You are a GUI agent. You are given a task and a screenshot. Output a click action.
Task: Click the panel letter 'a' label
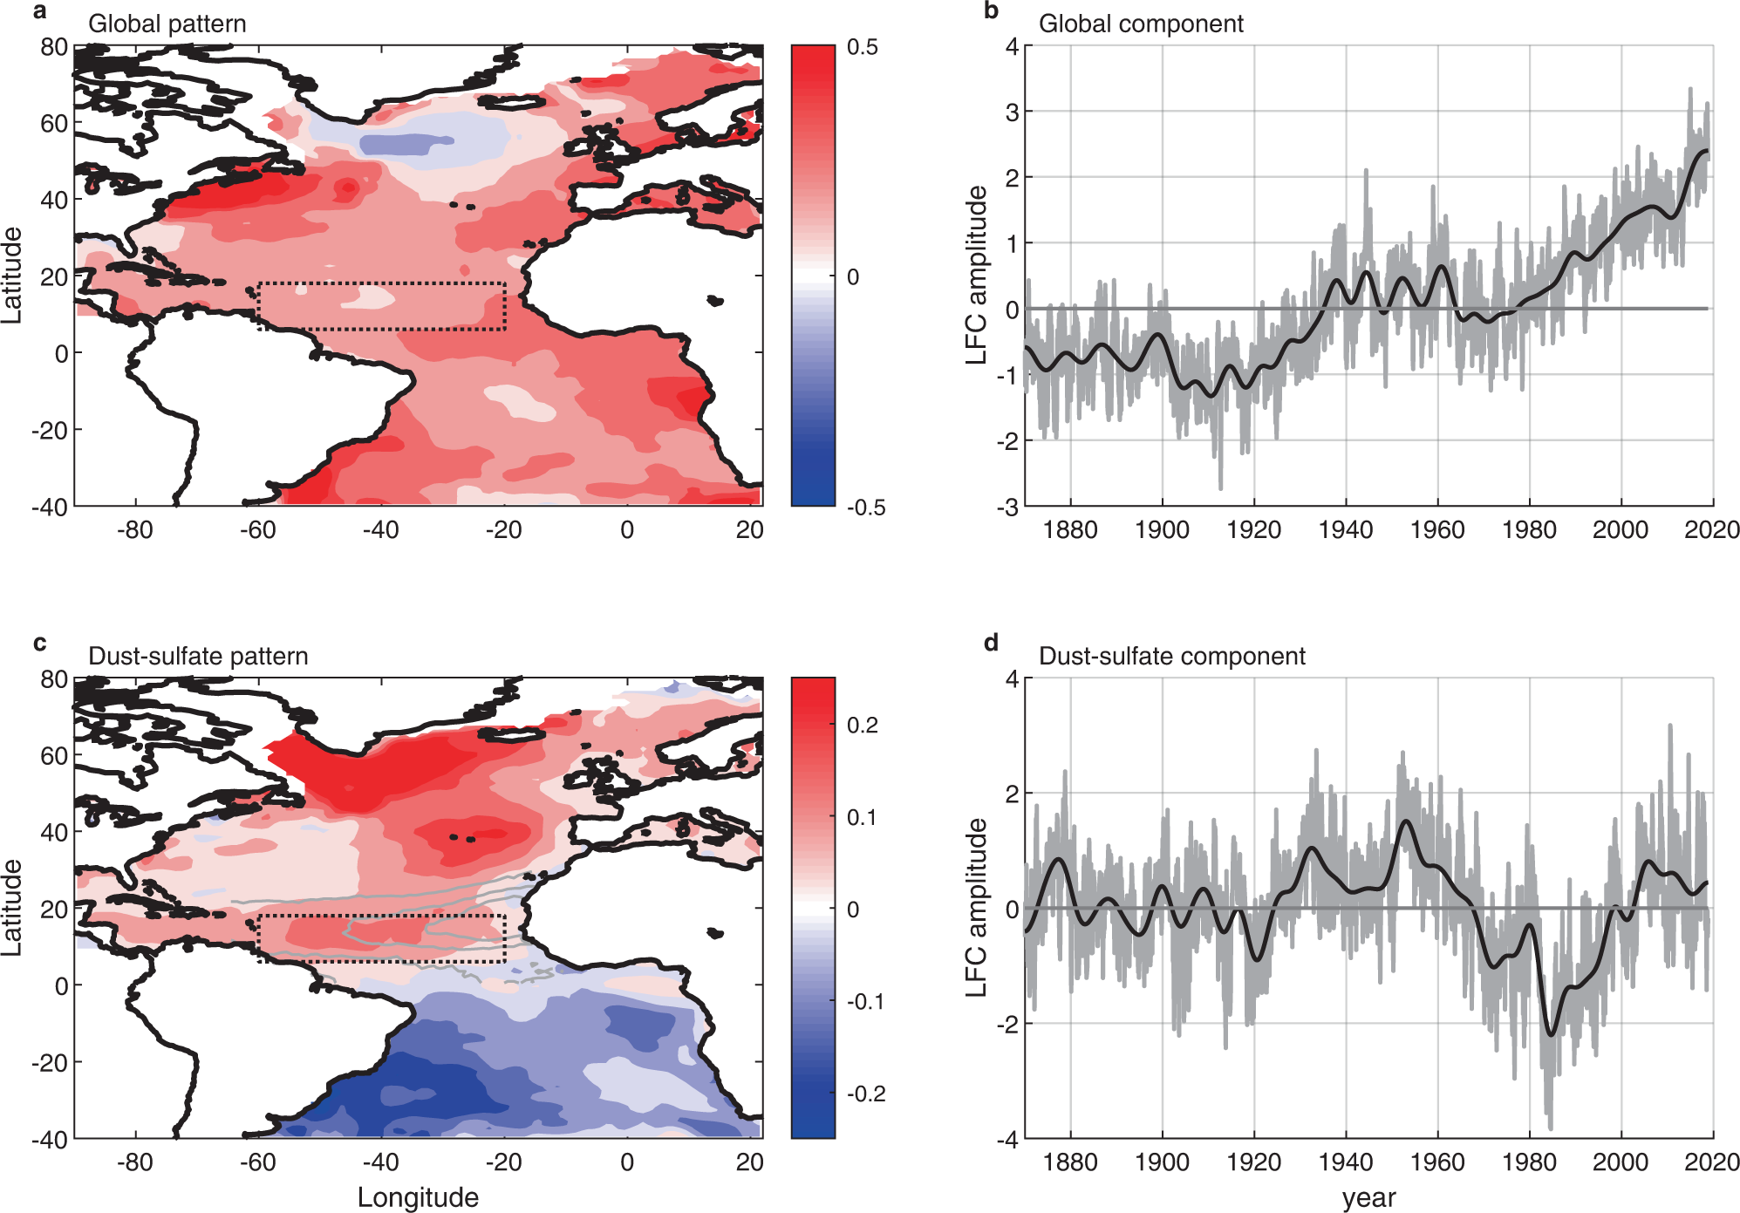(39, 12)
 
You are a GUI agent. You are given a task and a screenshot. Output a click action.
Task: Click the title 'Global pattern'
(167, 24)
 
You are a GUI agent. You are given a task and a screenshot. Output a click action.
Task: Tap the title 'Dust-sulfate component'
(1171, 656)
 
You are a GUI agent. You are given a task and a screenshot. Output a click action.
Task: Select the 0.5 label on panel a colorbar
(862, 47)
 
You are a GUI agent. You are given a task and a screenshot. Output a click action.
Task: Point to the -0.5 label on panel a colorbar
(865, 508)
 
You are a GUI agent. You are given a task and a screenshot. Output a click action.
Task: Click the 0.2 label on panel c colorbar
(862, 725)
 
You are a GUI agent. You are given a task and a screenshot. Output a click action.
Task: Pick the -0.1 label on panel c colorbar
(865, 1001)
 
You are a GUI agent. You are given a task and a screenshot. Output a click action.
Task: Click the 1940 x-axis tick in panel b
(1345, 529)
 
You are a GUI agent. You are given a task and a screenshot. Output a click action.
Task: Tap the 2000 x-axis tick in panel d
(1620, 1162)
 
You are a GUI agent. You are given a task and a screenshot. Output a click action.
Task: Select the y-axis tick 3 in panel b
(1012, 112)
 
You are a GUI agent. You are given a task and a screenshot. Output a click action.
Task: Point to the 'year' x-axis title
(1368, 1197)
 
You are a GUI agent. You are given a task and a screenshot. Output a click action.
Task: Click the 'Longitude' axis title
(418, 1197)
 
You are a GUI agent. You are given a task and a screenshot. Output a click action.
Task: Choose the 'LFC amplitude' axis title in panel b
(976, 275)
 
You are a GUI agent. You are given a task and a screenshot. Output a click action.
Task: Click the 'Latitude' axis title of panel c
(11, 907)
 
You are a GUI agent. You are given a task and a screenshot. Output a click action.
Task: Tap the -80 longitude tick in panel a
(134, 529)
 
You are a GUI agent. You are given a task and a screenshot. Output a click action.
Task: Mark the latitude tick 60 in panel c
(54, 755)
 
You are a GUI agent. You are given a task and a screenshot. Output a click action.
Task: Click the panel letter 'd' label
(991, 644)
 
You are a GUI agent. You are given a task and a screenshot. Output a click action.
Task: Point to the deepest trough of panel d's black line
(1550, 1034)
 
